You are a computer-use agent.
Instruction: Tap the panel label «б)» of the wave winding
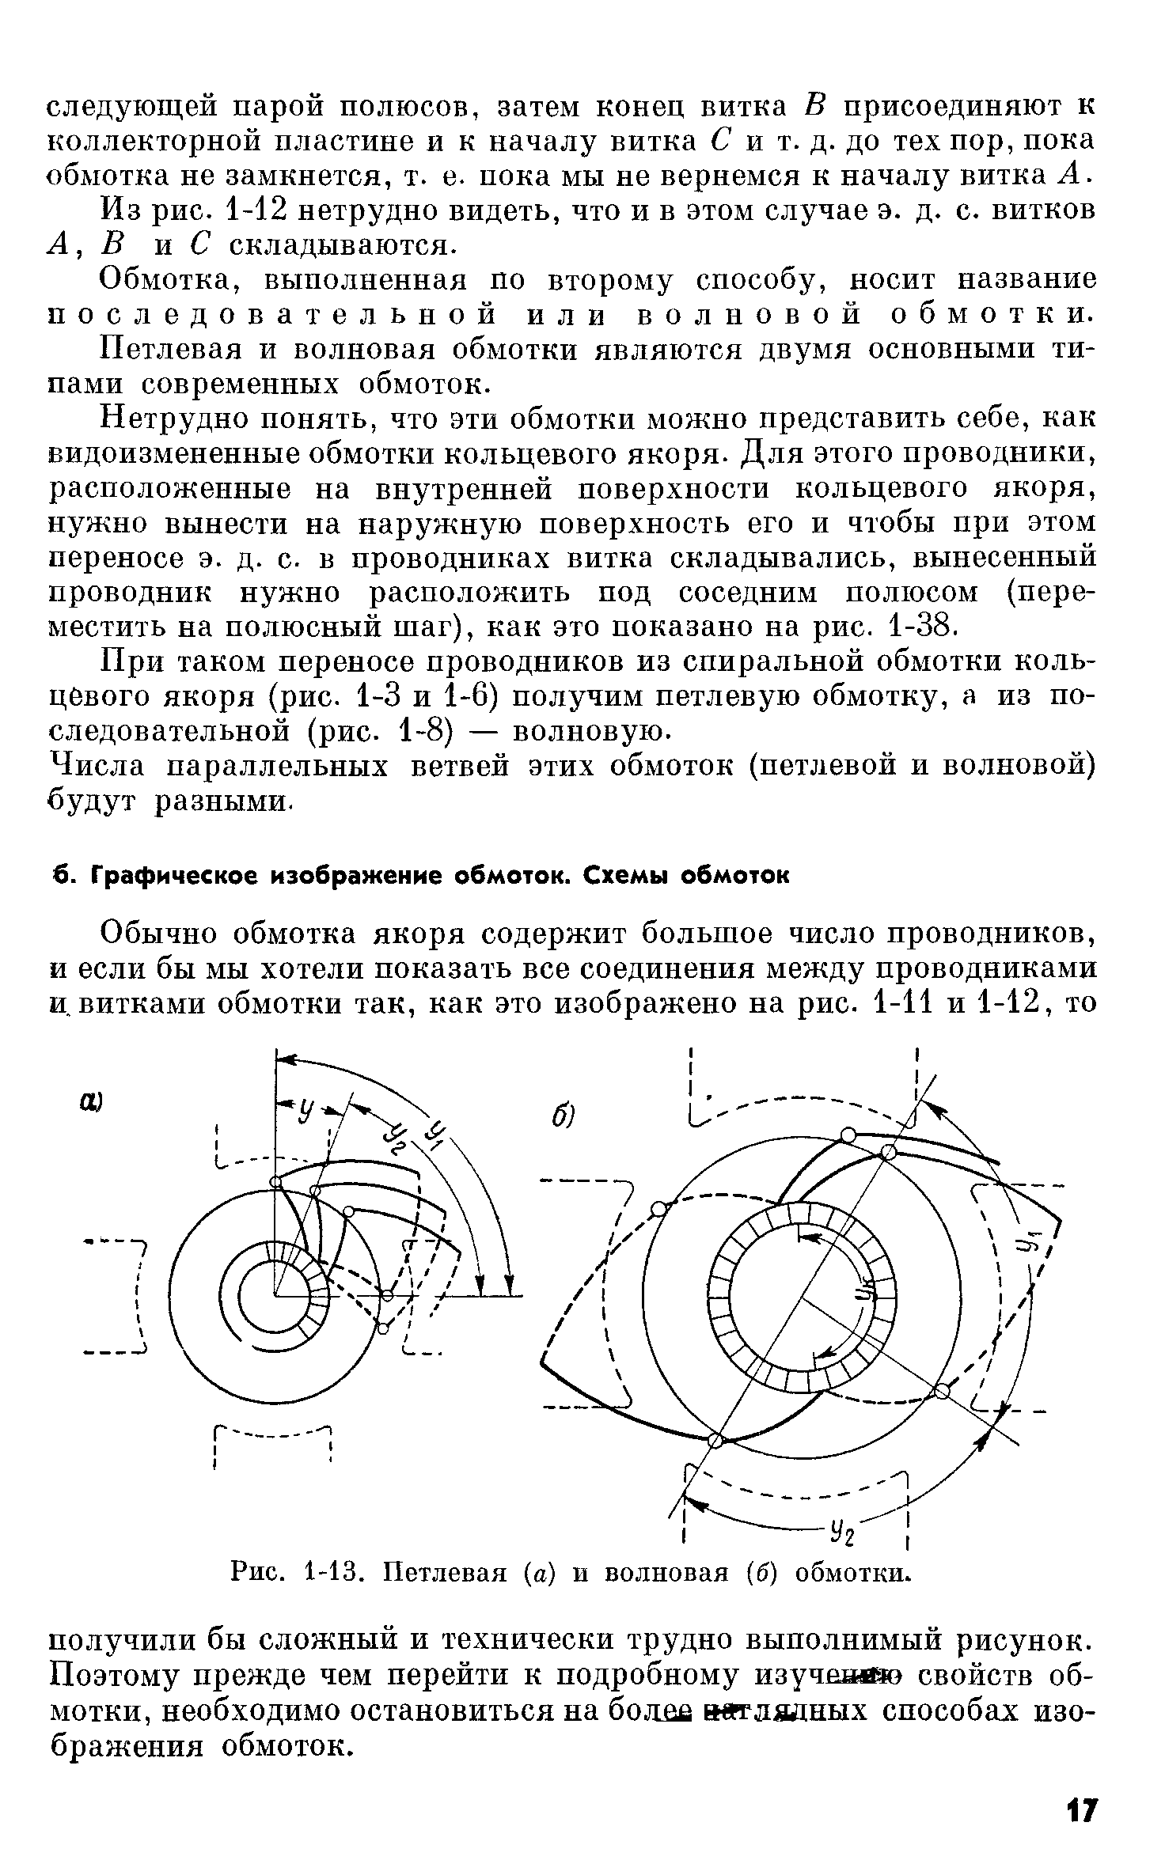(563, 1117)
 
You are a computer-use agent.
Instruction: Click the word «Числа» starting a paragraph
(98, 766)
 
